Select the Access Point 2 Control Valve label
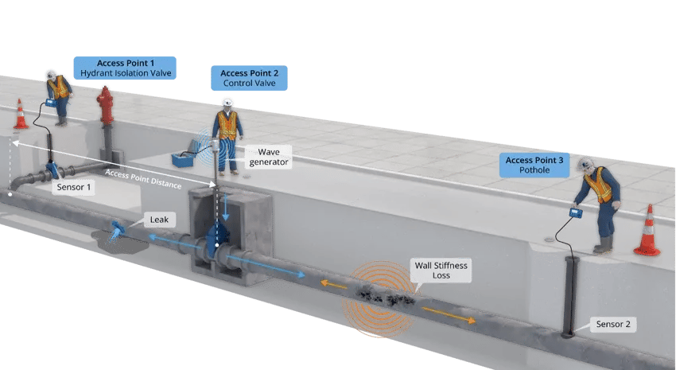point(248,76)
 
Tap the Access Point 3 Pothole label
point(534,166)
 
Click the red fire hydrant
point(106,106)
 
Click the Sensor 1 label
point(73,188)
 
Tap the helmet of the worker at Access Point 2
point(227,103)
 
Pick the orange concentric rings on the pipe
point(379,302)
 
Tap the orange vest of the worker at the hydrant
point(57,87)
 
